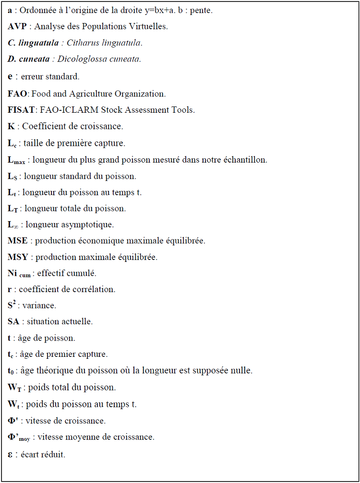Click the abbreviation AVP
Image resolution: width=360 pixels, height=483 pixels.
tap(17, 26)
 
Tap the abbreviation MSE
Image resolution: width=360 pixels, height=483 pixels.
tap(18, 241)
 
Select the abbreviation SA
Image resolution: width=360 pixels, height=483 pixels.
tap(13, 321)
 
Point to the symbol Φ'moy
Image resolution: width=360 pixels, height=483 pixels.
tap(19, 437)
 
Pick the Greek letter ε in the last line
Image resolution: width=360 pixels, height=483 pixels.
tap(11, 454)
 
